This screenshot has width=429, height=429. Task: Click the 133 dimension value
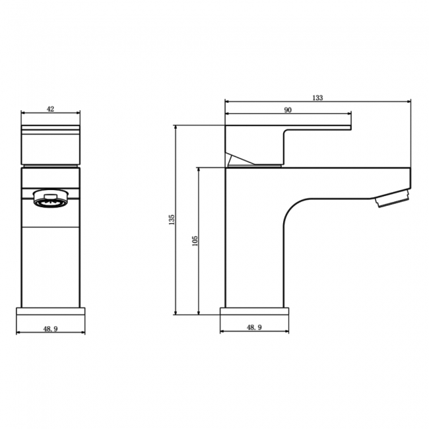pos(317,98)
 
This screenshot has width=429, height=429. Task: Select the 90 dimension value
pos(288,110)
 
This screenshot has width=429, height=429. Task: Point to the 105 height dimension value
pos(194,240)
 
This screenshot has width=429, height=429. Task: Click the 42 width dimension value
pos(51,108)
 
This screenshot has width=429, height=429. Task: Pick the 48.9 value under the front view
pos(50,327)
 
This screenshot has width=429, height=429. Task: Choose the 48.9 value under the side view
pos(253,327)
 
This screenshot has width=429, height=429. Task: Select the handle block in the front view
pos(51,143)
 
